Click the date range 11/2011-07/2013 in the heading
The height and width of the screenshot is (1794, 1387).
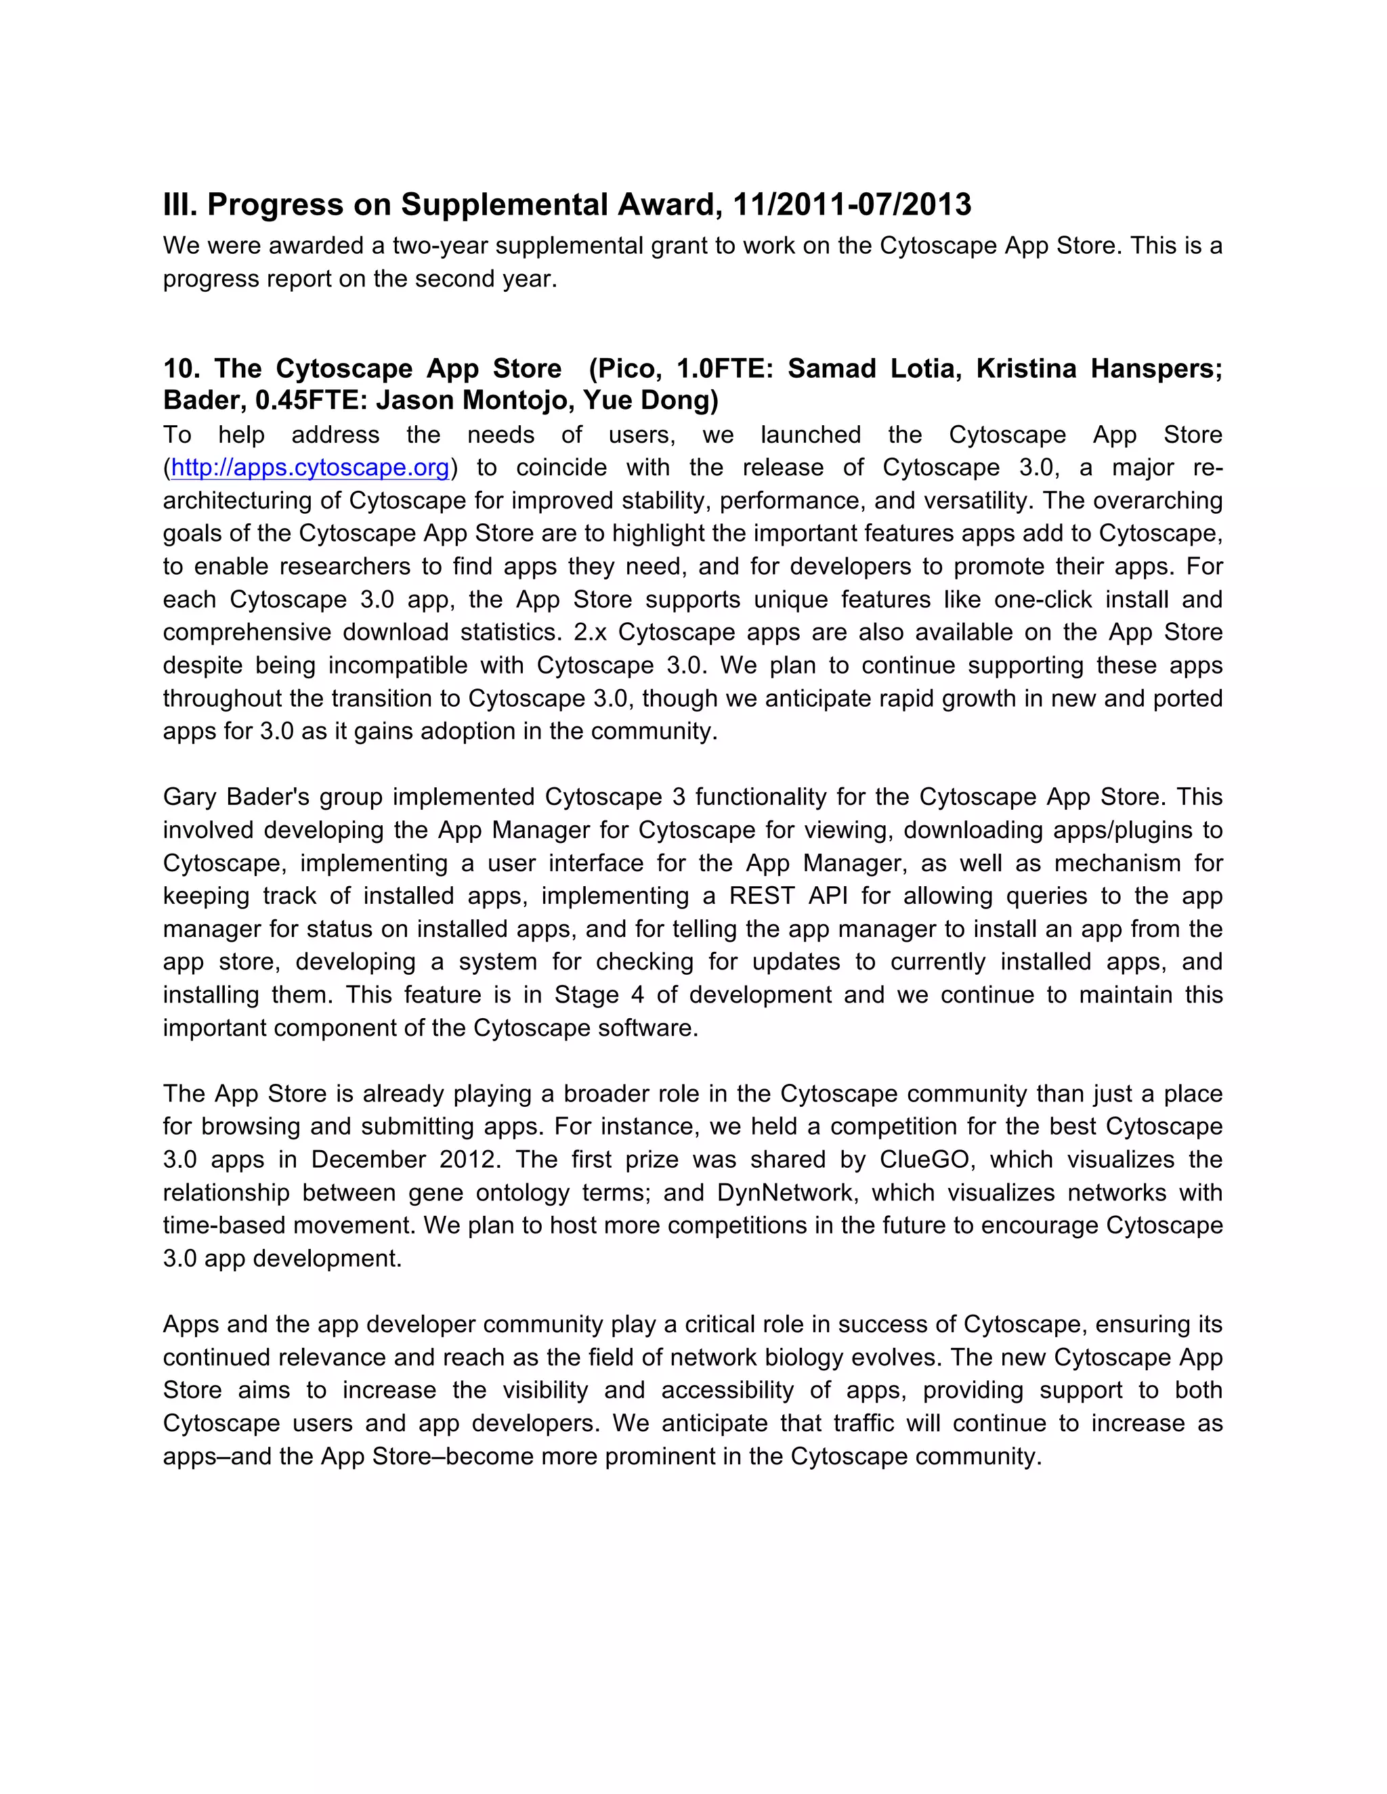click(x=851, y=204)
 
